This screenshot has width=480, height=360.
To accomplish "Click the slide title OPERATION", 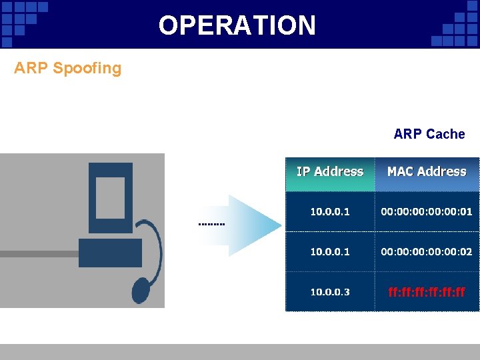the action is (237, 25).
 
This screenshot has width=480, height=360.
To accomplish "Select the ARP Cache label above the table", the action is (429, 134).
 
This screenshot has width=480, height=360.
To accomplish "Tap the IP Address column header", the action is (330, 172).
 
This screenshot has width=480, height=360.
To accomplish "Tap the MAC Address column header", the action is (427, 172).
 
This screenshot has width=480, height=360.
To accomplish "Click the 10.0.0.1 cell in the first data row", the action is (330, 211).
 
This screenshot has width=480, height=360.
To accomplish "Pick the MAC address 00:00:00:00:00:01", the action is (427, 211).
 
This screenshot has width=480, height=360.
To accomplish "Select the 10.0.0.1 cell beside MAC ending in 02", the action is (330, 251).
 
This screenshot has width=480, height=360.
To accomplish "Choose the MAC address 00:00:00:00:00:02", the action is (427, 251).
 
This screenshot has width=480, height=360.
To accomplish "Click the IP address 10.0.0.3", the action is (330, 291).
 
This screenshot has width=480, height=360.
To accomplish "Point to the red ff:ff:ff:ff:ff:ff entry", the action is (427, 291).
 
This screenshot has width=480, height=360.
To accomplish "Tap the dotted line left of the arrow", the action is (212, 224).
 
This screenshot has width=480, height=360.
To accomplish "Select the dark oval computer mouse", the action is (141, 290).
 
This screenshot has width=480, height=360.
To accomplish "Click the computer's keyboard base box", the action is (110, 253).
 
